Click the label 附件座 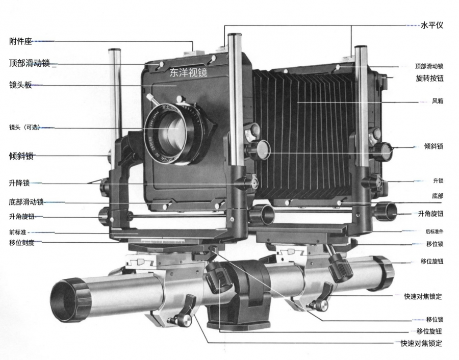click(x=20, y=41)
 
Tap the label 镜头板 click(x=20, y=85)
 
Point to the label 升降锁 click(x=19, y=183)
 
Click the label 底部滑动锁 click(x=26, y=202)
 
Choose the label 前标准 click(x=18, y=233)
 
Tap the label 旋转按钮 click(x=429, y=79)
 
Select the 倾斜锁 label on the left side click(x=21, y=157)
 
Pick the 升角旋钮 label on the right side click(x=430, y=214)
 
